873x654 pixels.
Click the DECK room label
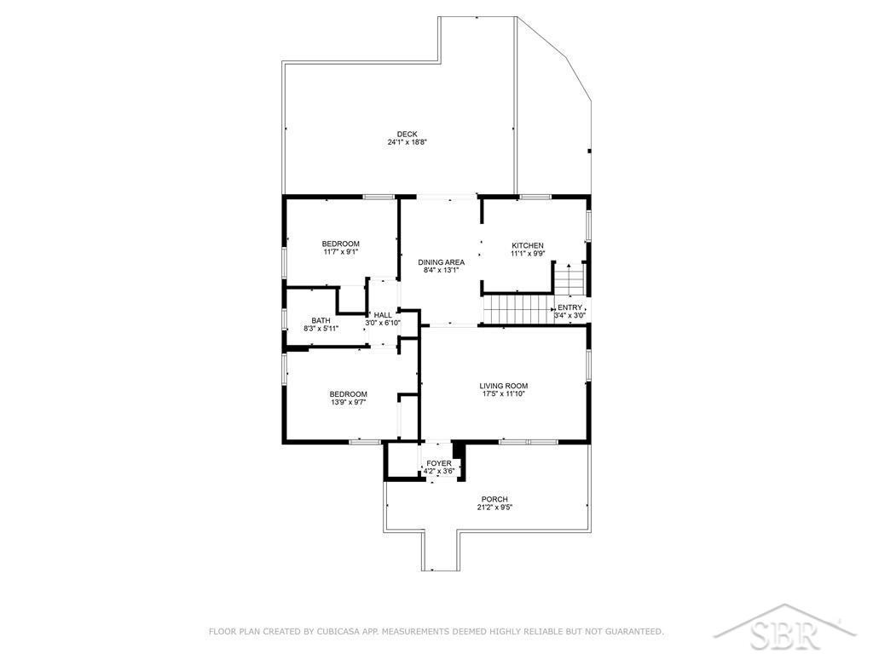[407, 134]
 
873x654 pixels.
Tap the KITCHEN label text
[528, 245]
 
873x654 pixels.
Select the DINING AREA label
[442, 262]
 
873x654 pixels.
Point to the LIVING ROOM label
[504, 386]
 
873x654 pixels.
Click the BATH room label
[321, 321]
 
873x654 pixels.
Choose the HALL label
[383, 315]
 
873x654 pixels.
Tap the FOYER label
[439, 464]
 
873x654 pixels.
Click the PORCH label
[495, 499]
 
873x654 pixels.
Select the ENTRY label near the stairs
[570, 307]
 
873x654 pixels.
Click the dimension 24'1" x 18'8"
[407, 142]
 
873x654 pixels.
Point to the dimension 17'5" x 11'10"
[504, 394]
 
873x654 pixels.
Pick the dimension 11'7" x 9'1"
[341, 252]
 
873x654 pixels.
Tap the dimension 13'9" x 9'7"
[348, 403]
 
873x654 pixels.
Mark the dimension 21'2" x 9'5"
[495, 508]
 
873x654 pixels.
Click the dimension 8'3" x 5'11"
[321, 329]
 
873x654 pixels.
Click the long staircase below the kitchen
[517, 308]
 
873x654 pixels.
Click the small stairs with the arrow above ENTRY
[569, 279]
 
